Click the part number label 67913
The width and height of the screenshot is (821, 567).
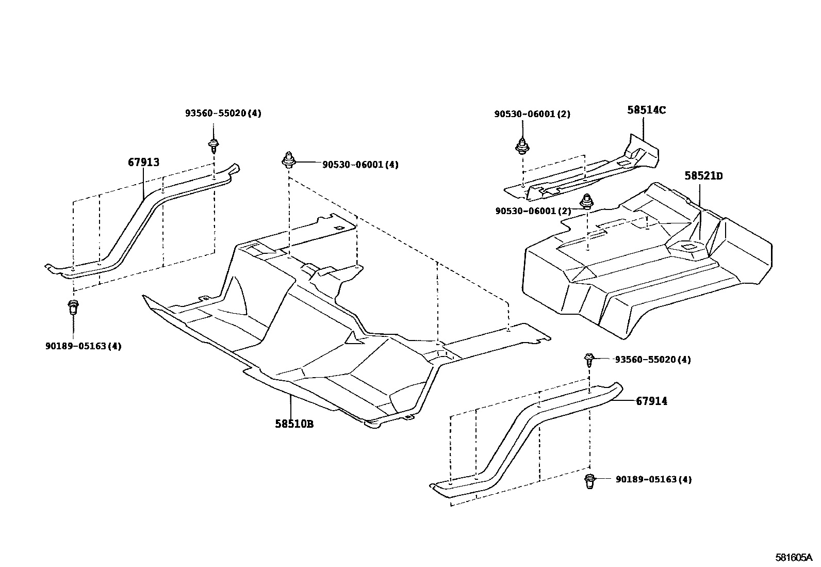(143, 163)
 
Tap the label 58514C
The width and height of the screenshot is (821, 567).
(646, 110)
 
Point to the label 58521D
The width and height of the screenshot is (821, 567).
(703, 176)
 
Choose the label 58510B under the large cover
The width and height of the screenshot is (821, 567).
(294, 424)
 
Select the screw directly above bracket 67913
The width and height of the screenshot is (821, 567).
(212, 144)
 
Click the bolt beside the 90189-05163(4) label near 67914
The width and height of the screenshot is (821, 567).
(589, 480)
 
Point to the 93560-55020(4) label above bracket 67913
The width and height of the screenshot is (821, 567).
(223, 114)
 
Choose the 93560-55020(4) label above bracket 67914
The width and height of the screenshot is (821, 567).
(653, 360)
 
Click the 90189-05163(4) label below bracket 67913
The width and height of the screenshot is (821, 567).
(83, 346)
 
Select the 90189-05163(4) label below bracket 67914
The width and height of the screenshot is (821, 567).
(653, 479)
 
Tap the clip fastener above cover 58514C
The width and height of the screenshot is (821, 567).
(522, 147)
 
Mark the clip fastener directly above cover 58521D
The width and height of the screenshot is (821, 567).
(586, 201)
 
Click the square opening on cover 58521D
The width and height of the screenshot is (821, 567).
(688, 247)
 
